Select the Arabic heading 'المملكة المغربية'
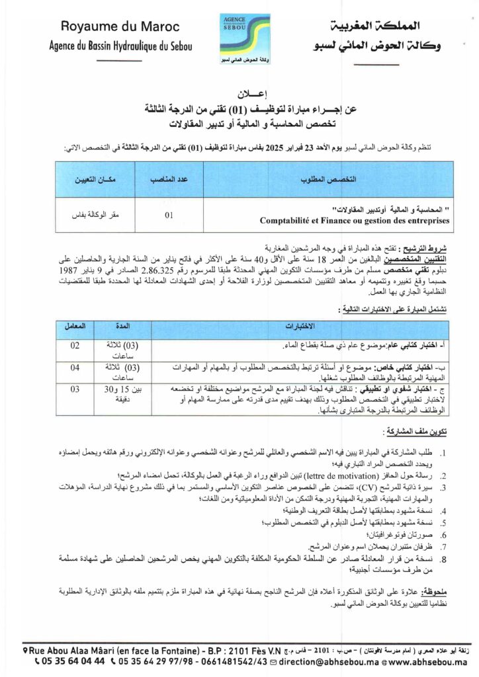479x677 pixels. pos(369,28)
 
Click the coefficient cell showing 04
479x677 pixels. pos(75,368)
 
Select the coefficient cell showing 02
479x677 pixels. pos(75,346)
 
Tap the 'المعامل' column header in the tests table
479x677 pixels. pos(75,327)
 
